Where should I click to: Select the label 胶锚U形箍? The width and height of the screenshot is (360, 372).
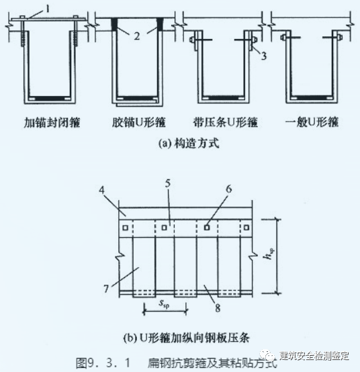tap(139, 123)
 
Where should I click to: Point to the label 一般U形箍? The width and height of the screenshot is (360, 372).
tap(312, 123)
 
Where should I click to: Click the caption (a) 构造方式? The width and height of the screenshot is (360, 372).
tap(180, 142)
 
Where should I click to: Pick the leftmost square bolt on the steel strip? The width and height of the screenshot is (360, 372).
tap(125, 226)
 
